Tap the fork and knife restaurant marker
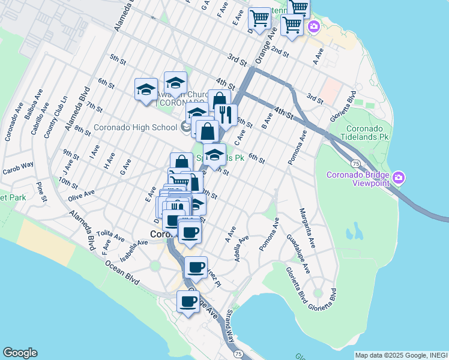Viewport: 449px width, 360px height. [x=226, y=114]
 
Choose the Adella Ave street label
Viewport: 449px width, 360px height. [x=242, y=247]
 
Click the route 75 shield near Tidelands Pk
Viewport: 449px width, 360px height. [x=356, y=163]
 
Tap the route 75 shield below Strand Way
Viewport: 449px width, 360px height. [x=238, y=355]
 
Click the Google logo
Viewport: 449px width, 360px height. [x=20, y=353]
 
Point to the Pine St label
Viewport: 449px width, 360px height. [x=40, y=191]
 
